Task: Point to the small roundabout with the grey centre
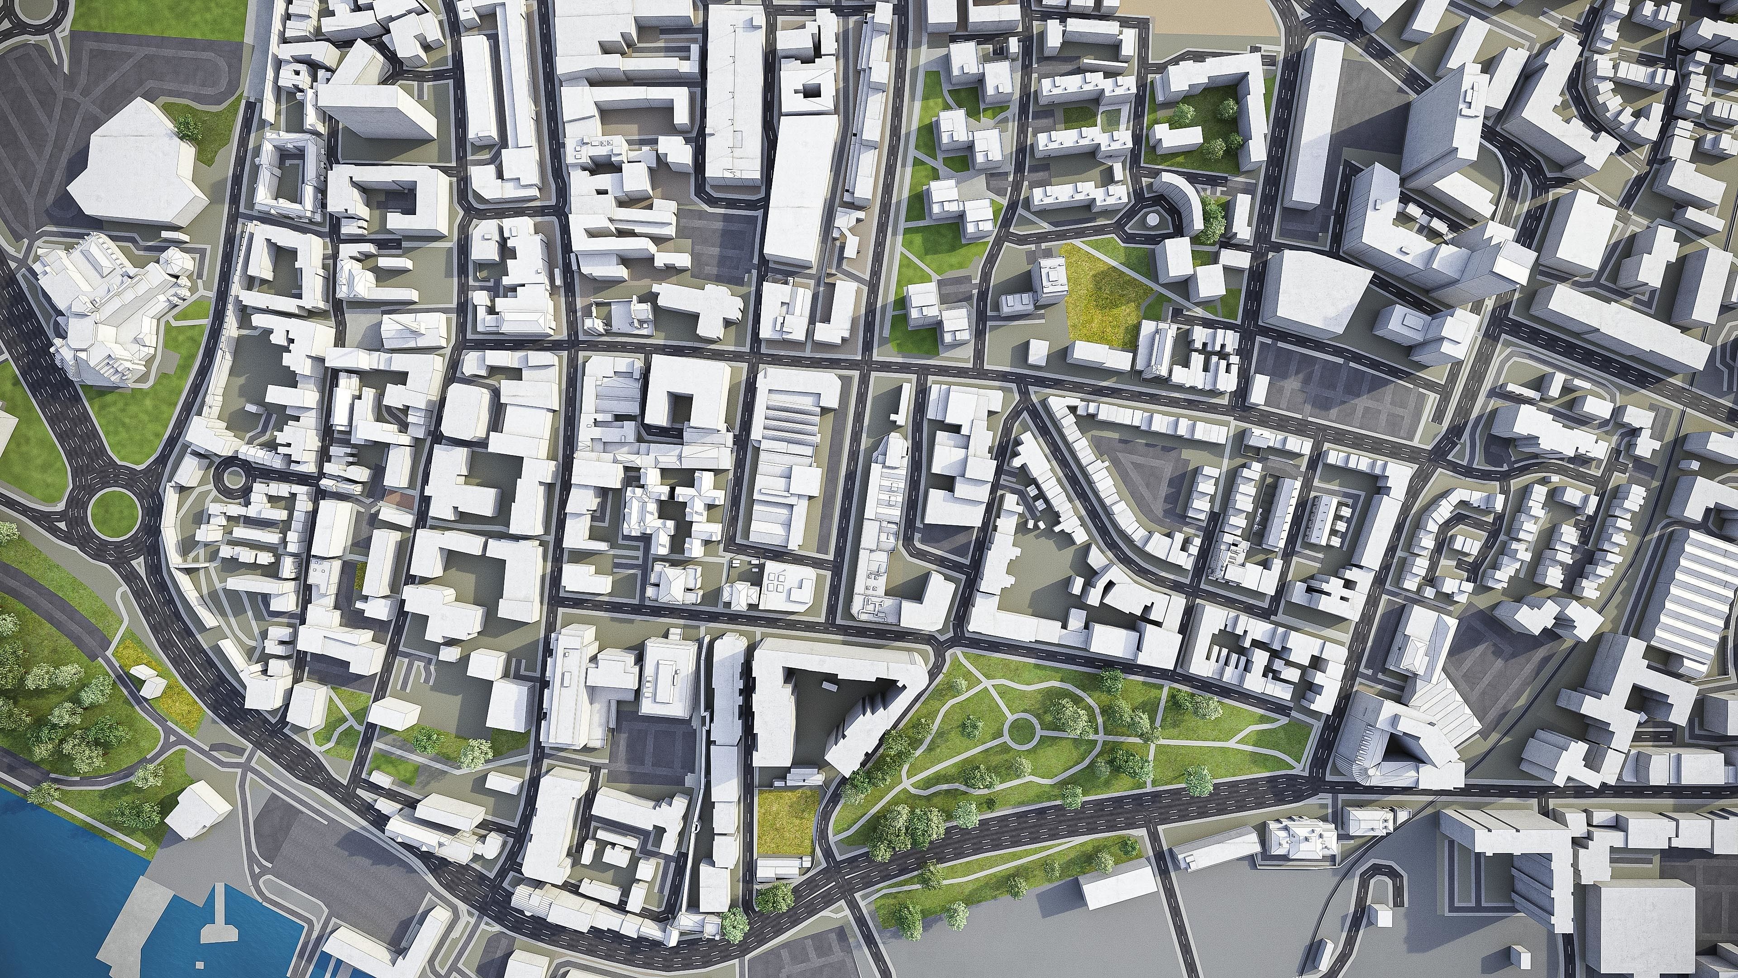click(234, 478)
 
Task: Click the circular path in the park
click(1020, 730)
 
